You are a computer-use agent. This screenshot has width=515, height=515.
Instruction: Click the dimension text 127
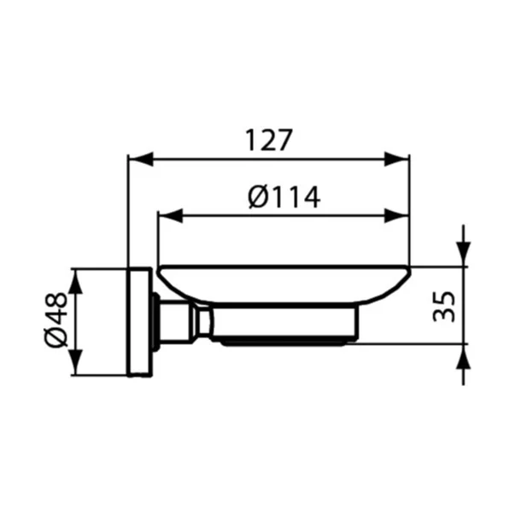(269, 140)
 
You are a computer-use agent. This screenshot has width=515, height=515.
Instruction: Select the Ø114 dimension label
(284, 197)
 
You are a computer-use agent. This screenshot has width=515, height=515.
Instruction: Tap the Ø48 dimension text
(56, 320)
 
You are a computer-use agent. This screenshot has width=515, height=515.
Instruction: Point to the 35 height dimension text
(444, 307)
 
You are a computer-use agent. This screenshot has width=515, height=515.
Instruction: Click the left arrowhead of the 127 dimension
(141, 159)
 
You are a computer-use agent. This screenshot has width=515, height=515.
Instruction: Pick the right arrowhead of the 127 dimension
(397, 159)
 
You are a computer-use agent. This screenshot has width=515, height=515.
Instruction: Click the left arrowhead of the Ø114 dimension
(171, 216)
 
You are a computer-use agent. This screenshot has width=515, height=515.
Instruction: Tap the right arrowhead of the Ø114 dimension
(397, 216)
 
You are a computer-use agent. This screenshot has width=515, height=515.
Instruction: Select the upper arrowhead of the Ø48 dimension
(76, 282)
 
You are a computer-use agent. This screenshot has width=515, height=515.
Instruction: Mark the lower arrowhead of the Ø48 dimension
(76, 362)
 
